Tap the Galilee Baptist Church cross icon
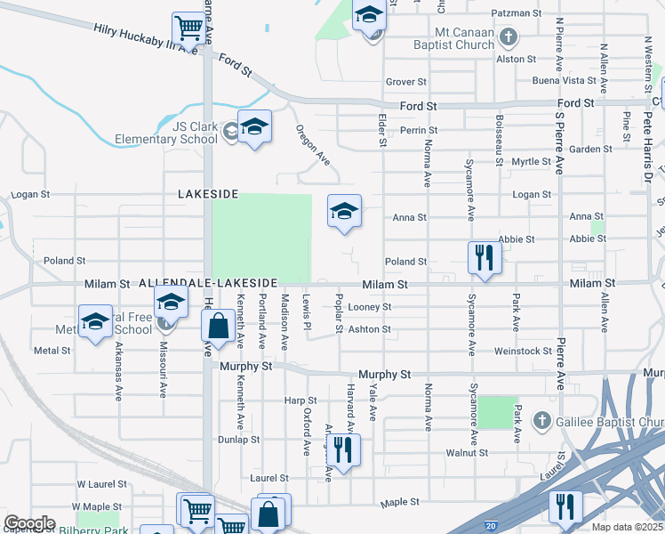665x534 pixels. point(540,419)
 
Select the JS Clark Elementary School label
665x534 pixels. point(166,133)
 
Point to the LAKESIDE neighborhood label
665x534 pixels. point(209,193)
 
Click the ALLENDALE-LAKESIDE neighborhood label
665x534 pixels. point(209,282)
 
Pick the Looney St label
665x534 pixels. point(370,307)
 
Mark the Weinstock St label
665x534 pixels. point(524,352)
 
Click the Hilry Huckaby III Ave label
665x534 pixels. point(145,39)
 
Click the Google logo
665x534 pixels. point(29,523)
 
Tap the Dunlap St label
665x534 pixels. point(239,439)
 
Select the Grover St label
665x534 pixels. point(407,82)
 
